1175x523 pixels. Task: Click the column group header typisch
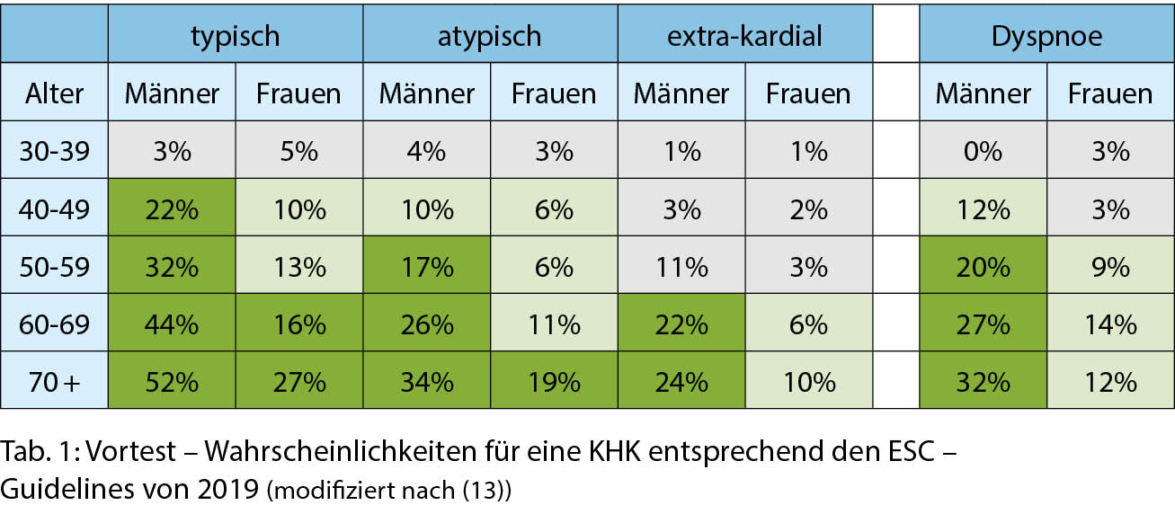pyautogui.click(x=235, y=35)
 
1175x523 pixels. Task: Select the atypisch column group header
pyautogui.click(x=490, y=35)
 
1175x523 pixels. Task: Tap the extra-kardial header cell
pyautogui.click(x=744, y=35)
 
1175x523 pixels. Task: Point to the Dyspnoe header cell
pyautogui.click(x=1046, y=35)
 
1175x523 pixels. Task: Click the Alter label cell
pyautogui.click(x=55, y=93)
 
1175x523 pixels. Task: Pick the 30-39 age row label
pyautogui.click(x=55, y=151)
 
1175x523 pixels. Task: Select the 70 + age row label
pyautogui.click(x=55, y=382)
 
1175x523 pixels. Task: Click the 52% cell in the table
pyautogui.click(x=172, y=382)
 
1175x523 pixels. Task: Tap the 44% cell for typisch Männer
pyautogui.click(x=172, y=324)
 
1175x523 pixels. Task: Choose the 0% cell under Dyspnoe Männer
pyautogui.click(x=983, y=151)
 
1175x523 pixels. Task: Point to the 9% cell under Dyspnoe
pyautogui.click(x=1110, y=267)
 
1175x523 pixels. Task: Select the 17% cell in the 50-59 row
pyautogui.click(x=426, y=267)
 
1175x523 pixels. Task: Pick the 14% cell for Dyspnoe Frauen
pyautogui.click(x=1110, y=324)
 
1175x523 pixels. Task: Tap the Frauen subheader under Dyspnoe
pyautogui.click(x=1110, y=93)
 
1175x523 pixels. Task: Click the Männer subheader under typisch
pyautogui.click(x=172, y=93)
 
